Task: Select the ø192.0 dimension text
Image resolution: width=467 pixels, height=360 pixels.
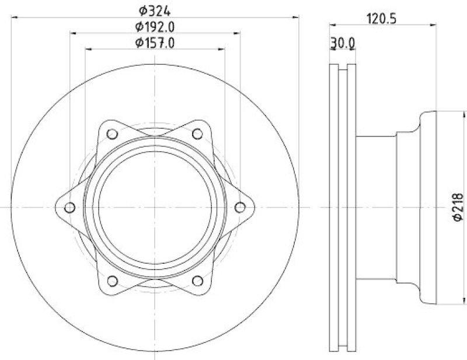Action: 155,26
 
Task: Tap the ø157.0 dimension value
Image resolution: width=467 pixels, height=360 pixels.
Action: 155,43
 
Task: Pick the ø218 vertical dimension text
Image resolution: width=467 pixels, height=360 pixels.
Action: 458,207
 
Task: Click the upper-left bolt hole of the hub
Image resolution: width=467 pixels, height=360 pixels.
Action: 113,134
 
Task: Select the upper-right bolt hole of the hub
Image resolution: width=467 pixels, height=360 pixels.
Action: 197,134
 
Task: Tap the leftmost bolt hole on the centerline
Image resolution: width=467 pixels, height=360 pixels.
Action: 70,207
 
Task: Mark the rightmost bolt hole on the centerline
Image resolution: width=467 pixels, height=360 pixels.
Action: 240,207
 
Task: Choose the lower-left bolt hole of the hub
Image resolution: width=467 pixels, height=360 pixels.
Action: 113,281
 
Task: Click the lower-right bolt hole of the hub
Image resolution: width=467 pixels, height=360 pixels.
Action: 197,281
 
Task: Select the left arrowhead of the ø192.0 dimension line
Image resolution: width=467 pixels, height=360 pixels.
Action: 73,34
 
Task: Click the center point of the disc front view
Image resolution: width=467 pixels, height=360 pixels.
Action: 155,207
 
